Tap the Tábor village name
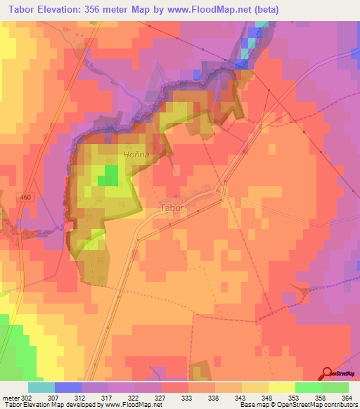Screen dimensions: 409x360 172,207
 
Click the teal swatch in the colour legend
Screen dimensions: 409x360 41,387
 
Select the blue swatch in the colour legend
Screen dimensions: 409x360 68,387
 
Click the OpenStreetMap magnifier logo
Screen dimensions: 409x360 328,373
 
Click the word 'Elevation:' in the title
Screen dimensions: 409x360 65,10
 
